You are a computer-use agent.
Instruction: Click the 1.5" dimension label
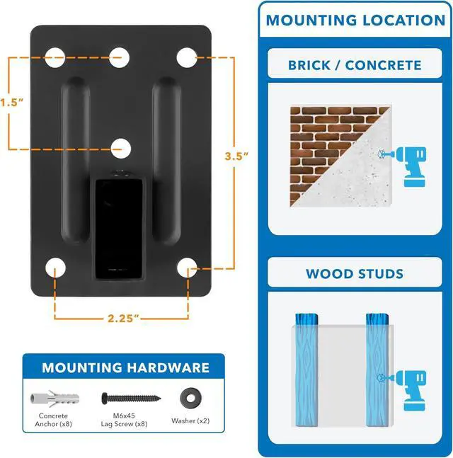[x=12, y=102]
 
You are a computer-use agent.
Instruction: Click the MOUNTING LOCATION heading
[x=355, y=19]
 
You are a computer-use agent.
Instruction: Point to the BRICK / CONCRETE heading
[x=355, y=65]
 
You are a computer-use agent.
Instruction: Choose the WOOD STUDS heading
[x=355, y=273]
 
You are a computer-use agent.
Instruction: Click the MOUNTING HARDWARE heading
[x=125, y=367]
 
